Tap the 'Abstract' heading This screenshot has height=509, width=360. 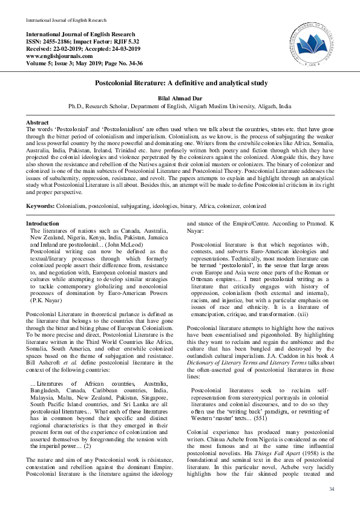point(38,122)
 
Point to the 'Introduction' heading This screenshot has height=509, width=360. point(42,224)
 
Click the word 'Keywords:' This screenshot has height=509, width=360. point(40,207)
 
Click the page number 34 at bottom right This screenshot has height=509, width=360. point(331,489)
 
